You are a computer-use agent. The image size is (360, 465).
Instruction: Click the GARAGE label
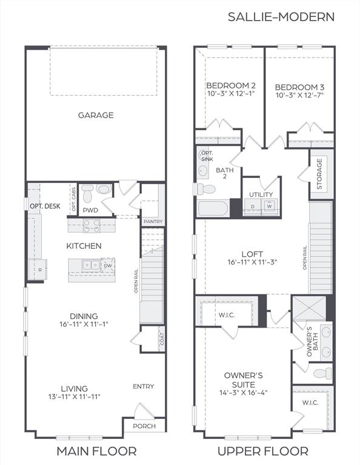point(96,115)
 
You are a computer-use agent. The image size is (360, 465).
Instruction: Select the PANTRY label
point(153,222)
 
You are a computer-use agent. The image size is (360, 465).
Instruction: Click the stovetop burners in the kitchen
point(92,226)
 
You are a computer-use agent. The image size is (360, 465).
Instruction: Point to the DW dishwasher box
point(108,265)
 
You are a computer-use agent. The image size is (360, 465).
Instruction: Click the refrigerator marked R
point(38,269)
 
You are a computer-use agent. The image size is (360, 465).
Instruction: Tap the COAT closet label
point(162,339)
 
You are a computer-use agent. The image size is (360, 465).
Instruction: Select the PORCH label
point(144,426)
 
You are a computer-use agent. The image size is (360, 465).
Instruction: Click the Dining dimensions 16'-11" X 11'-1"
point(84,324)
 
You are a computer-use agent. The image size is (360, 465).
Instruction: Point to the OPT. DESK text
point(45,206)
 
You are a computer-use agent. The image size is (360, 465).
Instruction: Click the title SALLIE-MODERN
point(281,17)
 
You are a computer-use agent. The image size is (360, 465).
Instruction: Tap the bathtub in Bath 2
point(213,209)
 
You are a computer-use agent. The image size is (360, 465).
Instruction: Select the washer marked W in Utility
point(270,205)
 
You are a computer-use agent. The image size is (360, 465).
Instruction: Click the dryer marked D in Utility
point(253,205)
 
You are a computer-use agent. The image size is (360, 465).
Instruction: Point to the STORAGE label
point(319,174)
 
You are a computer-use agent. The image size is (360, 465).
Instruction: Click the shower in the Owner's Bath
point(309,308)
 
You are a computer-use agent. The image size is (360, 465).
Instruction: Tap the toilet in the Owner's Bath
point(322,373)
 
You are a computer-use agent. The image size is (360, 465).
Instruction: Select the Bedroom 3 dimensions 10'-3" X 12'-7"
point(299,95)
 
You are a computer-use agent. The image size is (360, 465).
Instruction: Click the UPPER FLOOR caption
point(263,451)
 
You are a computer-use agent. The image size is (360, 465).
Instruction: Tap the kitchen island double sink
point(91,265)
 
